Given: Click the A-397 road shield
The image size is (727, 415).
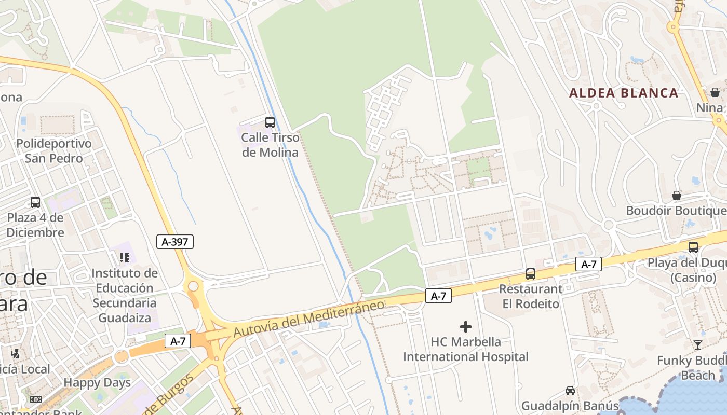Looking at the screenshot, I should coord(175,241).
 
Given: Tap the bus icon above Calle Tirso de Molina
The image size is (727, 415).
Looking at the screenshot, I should coord(270,122).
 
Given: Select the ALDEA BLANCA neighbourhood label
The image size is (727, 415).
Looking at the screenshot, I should coord(624,93).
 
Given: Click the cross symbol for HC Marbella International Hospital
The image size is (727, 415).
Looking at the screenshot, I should coord(466,327).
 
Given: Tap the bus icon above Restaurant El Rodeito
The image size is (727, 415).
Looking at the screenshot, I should coord(530,273).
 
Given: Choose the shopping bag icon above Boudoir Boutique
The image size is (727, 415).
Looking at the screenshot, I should coord(676,196).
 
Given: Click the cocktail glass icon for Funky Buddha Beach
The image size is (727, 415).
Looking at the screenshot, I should coord(697,344).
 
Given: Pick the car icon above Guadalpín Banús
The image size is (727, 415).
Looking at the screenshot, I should coord(570,391).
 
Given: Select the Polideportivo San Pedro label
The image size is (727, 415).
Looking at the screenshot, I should coord(54,150).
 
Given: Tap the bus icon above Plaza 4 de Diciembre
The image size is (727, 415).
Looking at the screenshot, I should coord(35,202).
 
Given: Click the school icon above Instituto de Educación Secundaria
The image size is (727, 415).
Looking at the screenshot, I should coord(124,257).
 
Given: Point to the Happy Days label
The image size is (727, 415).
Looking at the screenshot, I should coord(97,383).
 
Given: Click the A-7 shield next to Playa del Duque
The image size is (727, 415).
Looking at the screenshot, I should coord(588,264).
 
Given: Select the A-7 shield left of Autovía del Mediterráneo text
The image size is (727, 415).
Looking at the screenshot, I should coord(178,341).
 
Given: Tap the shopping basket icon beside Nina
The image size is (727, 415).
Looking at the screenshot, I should coord(715,92).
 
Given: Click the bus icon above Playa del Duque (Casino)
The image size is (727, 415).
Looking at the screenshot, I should coord(693,247).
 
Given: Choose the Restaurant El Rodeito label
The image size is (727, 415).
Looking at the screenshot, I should coord(531,296).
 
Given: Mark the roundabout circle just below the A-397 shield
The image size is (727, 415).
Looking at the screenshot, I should coord(193,286).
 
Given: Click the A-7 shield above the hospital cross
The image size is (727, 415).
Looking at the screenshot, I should coord(438,296).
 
